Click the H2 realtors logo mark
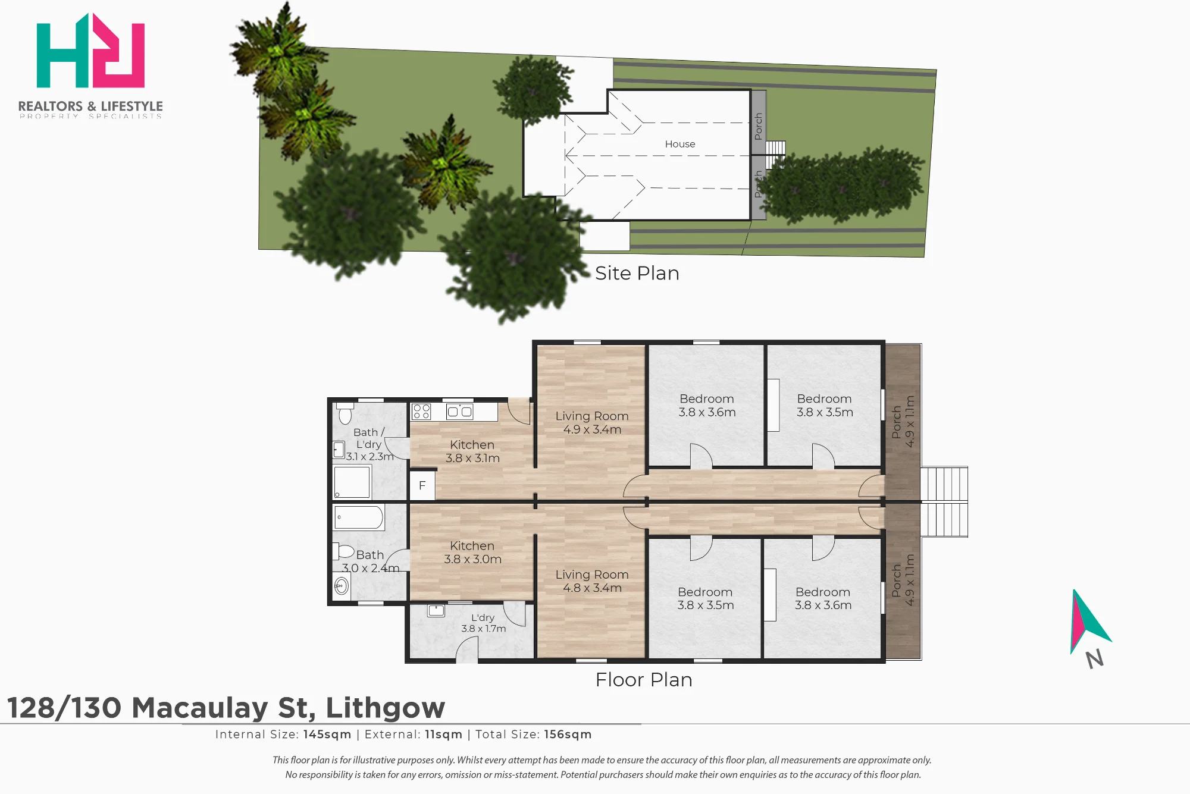90,51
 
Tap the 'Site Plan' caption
637,273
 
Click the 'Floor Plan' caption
644,680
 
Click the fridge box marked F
422,485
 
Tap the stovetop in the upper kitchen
421,411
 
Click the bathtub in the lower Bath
359,517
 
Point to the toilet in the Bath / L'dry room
345,413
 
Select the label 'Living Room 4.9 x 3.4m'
592,423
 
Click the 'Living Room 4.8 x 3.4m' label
592,581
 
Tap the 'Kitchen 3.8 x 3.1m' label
472,451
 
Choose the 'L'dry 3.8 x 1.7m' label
483,623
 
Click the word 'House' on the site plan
680,144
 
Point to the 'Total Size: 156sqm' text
533,735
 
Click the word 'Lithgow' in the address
386,708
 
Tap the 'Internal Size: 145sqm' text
283,735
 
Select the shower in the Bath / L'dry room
352,482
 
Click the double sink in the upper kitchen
460,411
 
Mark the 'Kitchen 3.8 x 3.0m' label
472,553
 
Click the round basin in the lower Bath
342,587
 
